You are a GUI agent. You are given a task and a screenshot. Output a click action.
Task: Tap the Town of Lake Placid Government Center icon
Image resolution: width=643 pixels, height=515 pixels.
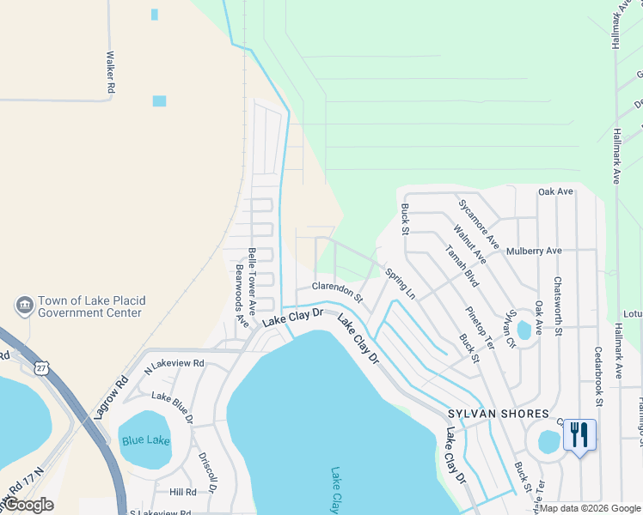[23, 306]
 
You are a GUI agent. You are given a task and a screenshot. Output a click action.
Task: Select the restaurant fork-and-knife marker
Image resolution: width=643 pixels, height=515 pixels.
[579, 435]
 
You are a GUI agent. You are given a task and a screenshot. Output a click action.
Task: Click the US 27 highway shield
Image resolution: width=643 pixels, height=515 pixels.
[41, 367]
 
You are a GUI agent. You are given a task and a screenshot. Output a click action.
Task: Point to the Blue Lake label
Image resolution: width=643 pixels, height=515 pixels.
[145, 440]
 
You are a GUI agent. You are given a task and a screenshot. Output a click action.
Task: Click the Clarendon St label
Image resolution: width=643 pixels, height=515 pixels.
[337, 292]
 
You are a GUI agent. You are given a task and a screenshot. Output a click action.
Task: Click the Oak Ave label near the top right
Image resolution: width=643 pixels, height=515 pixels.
[555, 191]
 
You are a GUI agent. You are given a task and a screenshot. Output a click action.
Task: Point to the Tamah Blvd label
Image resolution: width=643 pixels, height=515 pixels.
[461, 264]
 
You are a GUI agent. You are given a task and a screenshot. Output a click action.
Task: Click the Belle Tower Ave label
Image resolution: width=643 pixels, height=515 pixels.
[252, 278]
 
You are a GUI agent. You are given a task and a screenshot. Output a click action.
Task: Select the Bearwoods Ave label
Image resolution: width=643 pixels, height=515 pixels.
[241, 295]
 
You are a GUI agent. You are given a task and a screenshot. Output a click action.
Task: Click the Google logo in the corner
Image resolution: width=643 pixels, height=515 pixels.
[28, 505]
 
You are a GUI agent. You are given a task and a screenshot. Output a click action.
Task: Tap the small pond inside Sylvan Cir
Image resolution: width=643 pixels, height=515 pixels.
[524, 330]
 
